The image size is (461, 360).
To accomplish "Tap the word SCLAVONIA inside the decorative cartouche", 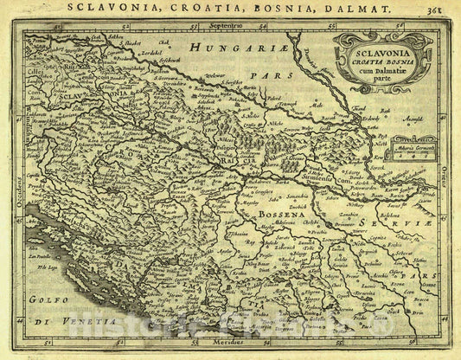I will pos(373,52).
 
